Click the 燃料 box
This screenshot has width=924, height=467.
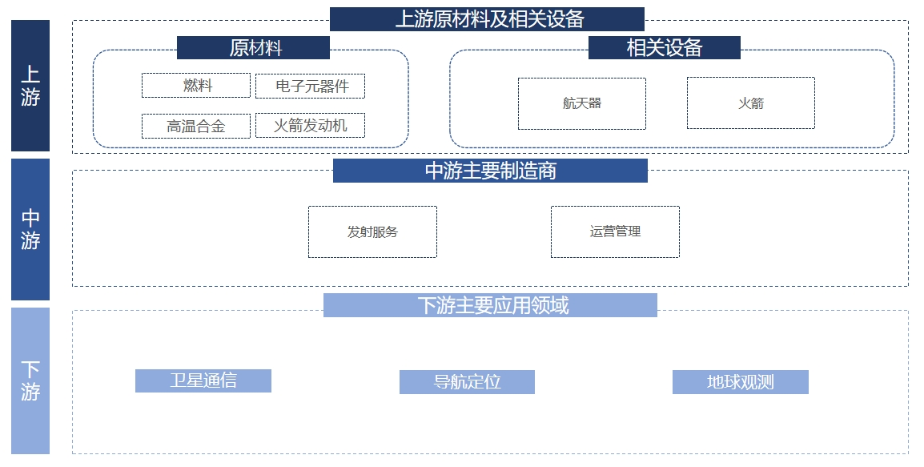pyautogui.click(x=196, y=86)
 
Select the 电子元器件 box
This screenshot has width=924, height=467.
pyautogui.click(x=310, y=86)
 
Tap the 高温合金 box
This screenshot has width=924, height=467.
pyautogui.click(x=196, y=126)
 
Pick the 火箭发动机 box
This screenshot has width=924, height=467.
pyautogui.click(x=310, y=125)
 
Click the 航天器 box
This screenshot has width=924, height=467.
pyautogui.click(x=581, y=103)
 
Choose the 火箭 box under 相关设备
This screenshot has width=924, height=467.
pyautogui.click(x=750, y=103)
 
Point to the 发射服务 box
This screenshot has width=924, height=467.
pyautogui.click(x=372, y=231)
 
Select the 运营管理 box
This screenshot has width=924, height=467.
pyautogui.click(x=615, y=231)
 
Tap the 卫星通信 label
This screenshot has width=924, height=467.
pyautogui.click(x=203, y=380)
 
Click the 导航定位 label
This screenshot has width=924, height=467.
pyautogui.click(x=467, y=381)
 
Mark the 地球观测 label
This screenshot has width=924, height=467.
pyautogui.click(x=740, y=381)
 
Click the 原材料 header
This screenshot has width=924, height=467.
pyautogui.click(x=253, y=48)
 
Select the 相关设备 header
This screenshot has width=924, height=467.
pyautogui.click(x=664, y=48)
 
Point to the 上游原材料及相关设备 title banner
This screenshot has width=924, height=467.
pyautogui.click(x=487, y=19)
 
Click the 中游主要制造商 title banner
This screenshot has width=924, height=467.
pyautogui.click(x=490, y=171)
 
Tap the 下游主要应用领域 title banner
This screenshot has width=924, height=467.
pyautogui.click(x=490, y=305)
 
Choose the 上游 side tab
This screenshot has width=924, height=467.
pyautogui.click(x=30, y=86)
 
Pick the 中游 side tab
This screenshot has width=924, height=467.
pyautogui.click(x=30, y=229)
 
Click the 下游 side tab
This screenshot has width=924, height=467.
pyautogui.click(x=30, y=380)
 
